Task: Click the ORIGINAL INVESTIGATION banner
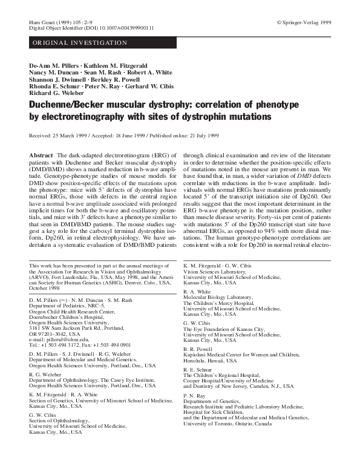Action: click(x=80, y=43)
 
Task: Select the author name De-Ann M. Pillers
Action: click(x=54, y=65)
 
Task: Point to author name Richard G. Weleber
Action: click(x=58, y=94)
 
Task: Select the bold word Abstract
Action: click(x=42, y=156)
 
